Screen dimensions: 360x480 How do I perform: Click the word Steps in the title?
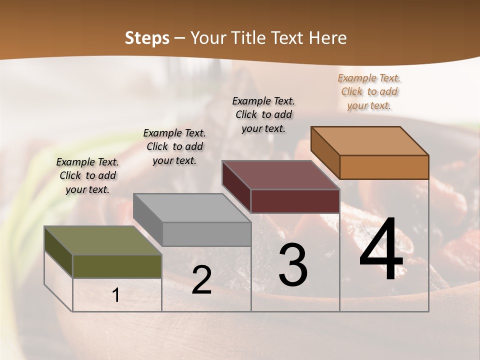tap(147, 38)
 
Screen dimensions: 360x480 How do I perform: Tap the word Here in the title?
tap(328, 38)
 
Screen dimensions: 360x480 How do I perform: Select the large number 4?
tap(381, 249)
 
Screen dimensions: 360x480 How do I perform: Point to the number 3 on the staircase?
tap(292, 265)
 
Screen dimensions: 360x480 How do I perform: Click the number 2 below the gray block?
tap(201, 280)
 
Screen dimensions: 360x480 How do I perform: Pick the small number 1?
tap(116, 295)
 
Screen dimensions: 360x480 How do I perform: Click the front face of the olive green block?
tap(117, 266)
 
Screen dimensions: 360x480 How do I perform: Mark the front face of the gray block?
tap(206, 234)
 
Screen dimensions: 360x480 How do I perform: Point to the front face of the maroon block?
tap(295, 201)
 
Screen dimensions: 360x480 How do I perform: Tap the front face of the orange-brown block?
tap(384, 167)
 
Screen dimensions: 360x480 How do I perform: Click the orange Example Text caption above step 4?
tap(369, 91)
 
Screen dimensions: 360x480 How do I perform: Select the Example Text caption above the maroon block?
tap(263, 114)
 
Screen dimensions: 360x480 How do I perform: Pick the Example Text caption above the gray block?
tap(174, 146)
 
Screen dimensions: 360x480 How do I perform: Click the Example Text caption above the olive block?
tap(87, 175)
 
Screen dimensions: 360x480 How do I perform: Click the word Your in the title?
tap(208, 38)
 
